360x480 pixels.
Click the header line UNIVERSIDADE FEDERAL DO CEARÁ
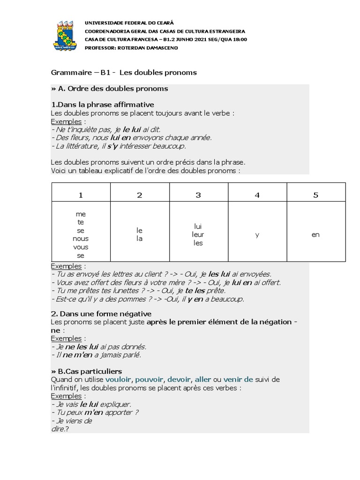(x=129, y=22)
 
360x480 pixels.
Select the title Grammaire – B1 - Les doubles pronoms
(x=124, y=73)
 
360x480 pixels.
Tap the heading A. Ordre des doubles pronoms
(x=109, y=89)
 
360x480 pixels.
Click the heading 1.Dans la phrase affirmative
(x=102, y=104)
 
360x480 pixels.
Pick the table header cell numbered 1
(x=81, y=195)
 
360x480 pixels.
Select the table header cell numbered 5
(x=315, y=195)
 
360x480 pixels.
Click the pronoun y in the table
(x=257, y=234)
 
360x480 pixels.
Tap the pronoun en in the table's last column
(x=315, y=234)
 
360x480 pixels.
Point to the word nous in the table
(x=81, y=239)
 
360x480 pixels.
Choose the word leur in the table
(x=198, y=234)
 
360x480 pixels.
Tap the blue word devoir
(x=179, y=379)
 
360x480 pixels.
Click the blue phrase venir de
(x=238, y=379)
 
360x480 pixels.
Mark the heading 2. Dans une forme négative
(x=101, y=314)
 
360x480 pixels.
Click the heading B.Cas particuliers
(x=89, y=371)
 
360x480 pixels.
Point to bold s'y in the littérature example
(x=111, y=146)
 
